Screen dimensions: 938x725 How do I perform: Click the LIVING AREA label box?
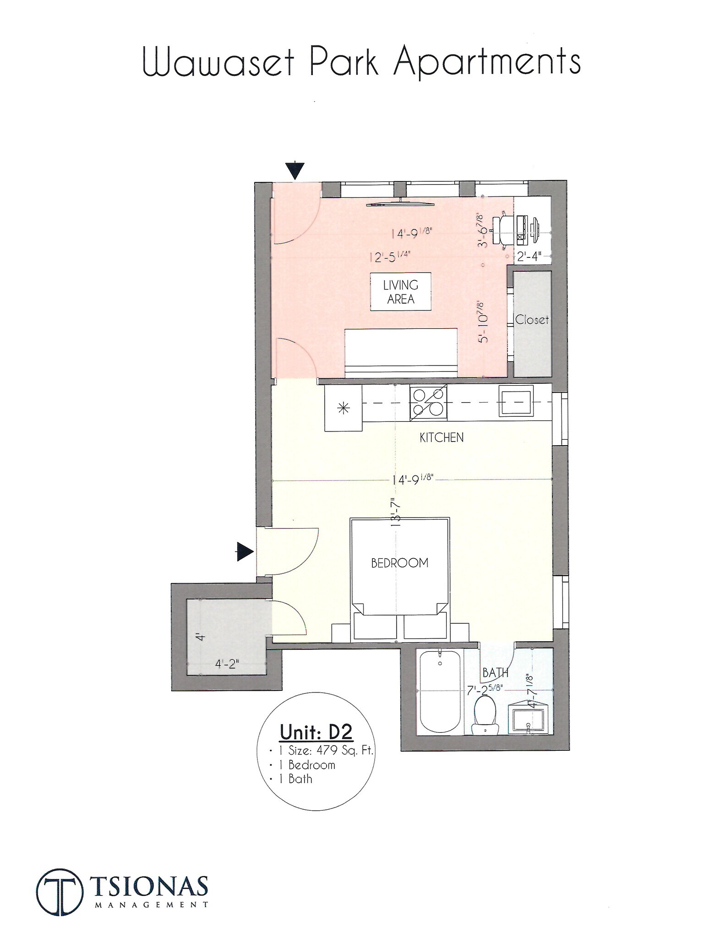pos(400,292)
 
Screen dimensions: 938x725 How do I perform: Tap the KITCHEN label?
pos(442,437)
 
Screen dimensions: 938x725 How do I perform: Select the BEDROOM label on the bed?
pos(399,563)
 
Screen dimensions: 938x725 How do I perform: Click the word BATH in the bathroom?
pos(495,673)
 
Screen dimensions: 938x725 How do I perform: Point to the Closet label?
pos(532,320)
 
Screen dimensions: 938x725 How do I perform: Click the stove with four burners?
pos(428,402)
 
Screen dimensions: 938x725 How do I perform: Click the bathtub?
pos(440,692)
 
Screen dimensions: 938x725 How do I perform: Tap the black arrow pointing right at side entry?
pos(245,552)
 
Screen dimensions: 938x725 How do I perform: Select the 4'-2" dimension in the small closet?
pos(228,664)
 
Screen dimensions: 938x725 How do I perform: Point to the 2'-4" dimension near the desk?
pos(529,256)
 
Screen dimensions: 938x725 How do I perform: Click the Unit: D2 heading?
pos(316,732)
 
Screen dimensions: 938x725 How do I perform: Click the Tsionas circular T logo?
pos(60,891)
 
